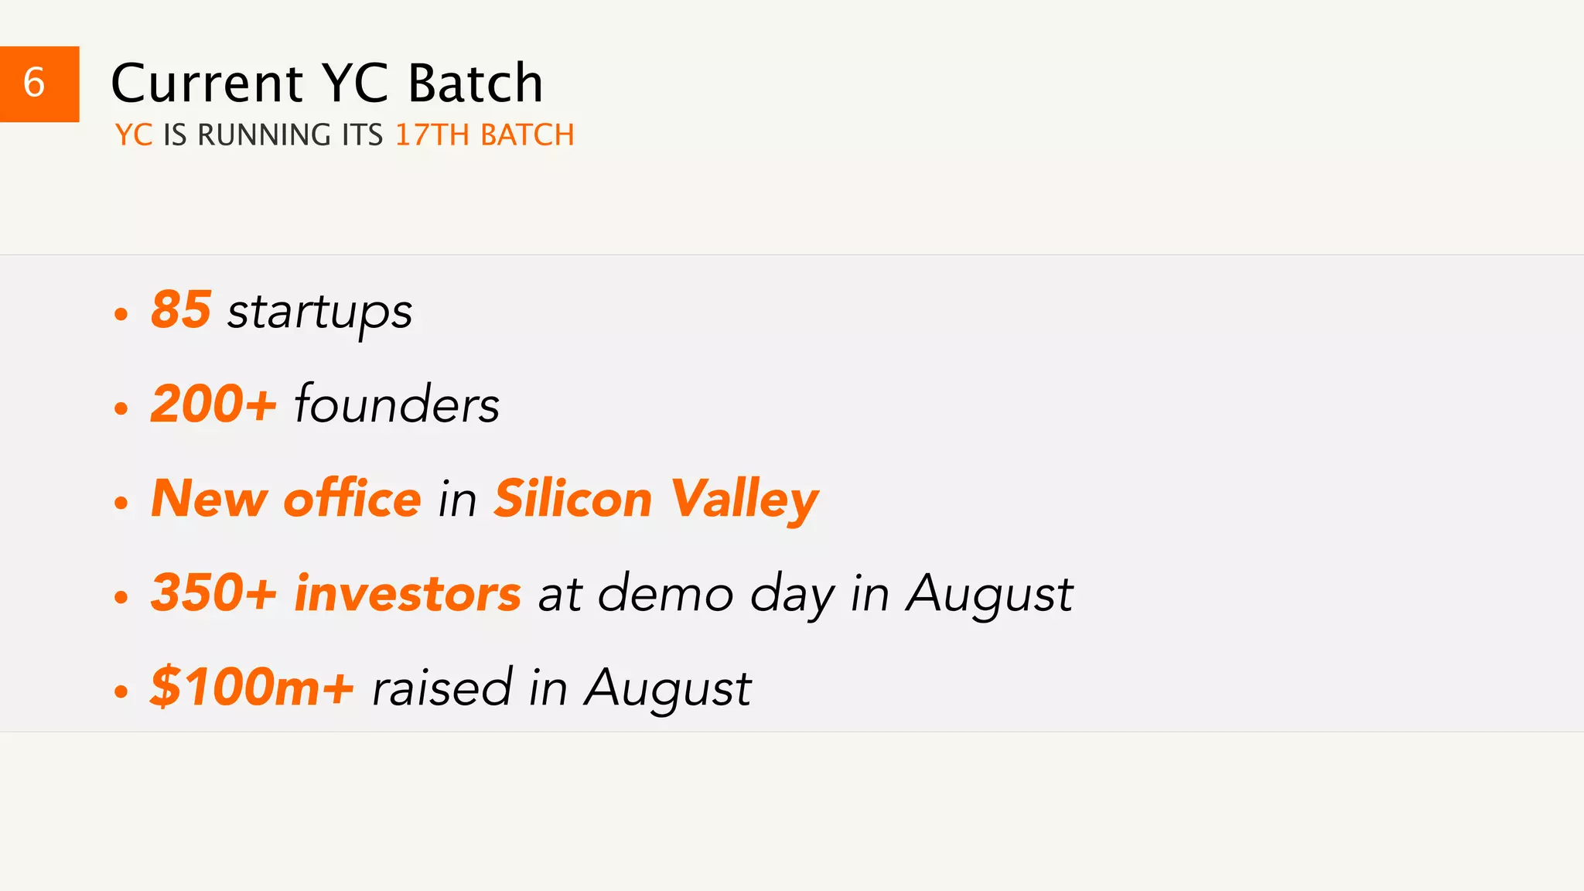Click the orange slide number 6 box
click(39, 84)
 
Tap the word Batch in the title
click(475, 84)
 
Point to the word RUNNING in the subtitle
click(265, 135)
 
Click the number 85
click(181, 309)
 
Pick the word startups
click(319, 312)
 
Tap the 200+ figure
click(213, 404)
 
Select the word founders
click(397, 404)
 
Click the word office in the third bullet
click(352, 498)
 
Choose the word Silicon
click(573, 498)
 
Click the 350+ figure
click(213, 593)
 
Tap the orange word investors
click(408, 593)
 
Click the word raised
click(442, 687)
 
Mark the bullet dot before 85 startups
click(121, 314)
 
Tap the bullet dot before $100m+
click(121, 691)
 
